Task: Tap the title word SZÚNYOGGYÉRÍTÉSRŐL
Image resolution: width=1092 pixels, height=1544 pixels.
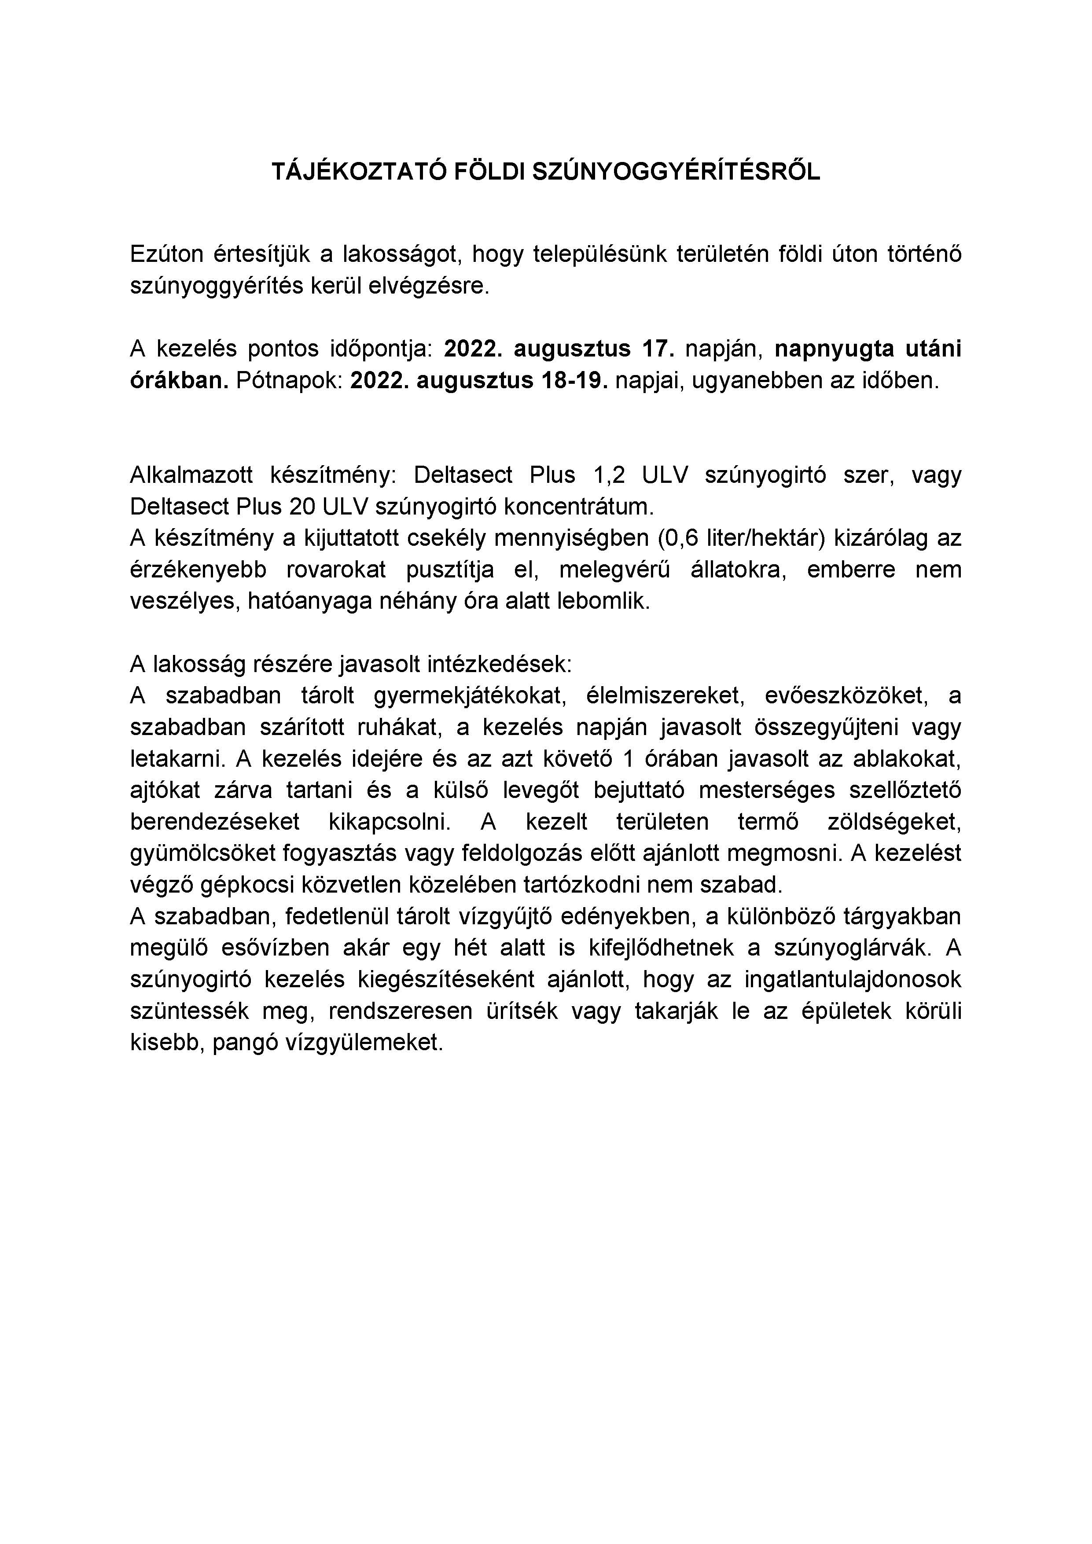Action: coord(676,172)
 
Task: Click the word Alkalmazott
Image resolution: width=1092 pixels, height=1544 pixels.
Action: coord(191,475)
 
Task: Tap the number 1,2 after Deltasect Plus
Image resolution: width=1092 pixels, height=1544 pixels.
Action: coord(609,475)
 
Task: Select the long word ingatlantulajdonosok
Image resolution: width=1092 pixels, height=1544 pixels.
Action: coord(853,979)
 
